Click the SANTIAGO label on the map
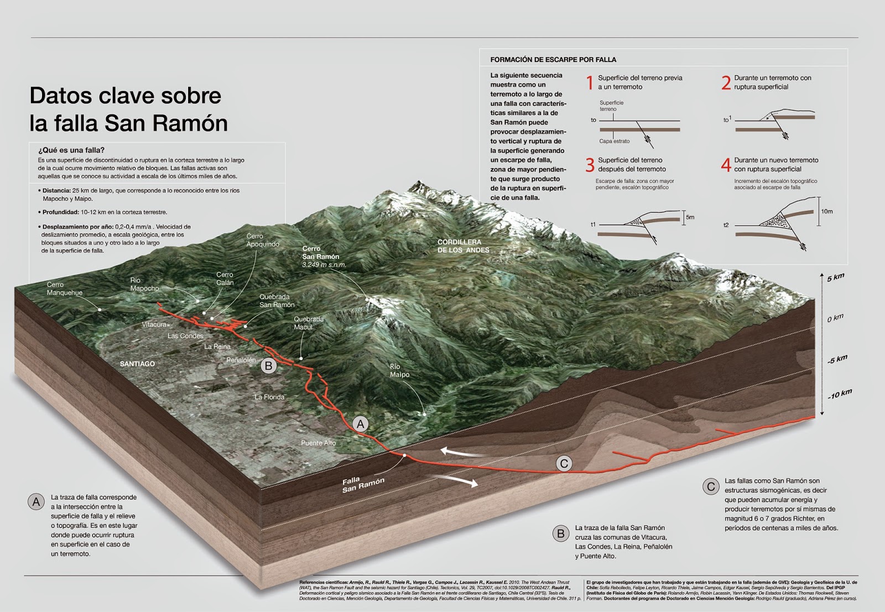coord(137,364)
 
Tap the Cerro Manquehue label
coord(64,288)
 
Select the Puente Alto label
coord(318,443)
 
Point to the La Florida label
coord(269,397)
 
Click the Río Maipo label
coord(399,370)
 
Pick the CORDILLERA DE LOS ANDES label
coord(463,246)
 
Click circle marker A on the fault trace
coord(361,424)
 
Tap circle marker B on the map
coord(268,366)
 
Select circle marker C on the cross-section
coord(564,464)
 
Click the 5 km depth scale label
coord(835,277)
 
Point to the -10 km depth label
coord(839,394)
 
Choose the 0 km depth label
coord(835,318)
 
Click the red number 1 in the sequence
coord(590,83)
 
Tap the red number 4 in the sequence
coord(726,165)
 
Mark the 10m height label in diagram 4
coord(826,211)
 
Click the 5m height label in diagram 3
coord(690,217)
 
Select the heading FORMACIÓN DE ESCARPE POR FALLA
coord(553,59)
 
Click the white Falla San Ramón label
coord(362,484)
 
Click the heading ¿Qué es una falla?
coord(71,150)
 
